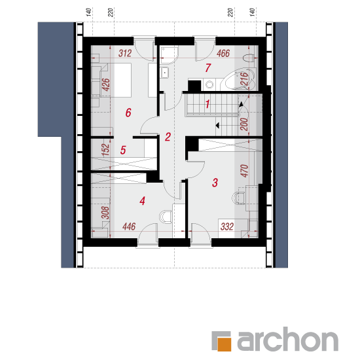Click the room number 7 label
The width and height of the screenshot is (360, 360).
[x=208, y=68]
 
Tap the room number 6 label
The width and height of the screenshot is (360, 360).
[x=128, y=113]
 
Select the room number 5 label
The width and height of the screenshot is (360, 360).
[x=123, y=150]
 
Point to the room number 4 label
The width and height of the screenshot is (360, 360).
[x=142, y=201]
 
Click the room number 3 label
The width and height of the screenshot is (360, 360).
[x=215, y=183]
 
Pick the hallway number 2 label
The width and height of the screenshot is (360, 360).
[x=168, y=137]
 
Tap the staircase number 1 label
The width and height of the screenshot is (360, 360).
[x=207, y=104]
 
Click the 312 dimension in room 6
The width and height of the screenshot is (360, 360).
[x=125, y=53]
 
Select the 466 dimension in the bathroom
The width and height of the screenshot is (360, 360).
[x=223, y=53]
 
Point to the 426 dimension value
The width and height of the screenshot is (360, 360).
[x=106, y=84]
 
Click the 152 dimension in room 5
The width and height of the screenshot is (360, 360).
[x=106, y=150]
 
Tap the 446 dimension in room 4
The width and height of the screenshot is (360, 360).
[x=129, y=226]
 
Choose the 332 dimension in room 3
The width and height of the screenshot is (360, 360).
[x=227, y=226]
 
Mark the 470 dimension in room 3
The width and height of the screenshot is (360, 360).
[x=245, y=171]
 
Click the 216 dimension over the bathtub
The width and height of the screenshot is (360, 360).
[x=245, y=79]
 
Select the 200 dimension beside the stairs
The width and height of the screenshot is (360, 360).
[x=245, y=124]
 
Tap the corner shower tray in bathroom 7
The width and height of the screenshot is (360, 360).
[x=170, y=55]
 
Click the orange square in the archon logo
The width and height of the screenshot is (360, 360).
[x=224, y=344]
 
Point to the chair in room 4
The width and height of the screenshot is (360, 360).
[x=166, y=217]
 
